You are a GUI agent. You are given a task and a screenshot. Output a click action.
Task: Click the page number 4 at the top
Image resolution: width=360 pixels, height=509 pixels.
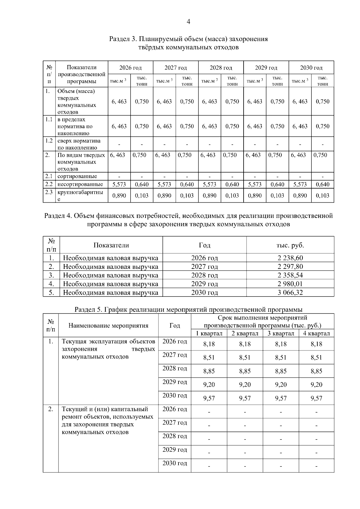click(188, 22)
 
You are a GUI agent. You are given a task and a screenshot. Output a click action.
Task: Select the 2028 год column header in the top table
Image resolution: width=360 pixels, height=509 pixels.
click(221, 68)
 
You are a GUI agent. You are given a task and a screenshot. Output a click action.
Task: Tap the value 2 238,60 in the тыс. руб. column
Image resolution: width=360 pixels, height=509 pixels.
click(290, 258)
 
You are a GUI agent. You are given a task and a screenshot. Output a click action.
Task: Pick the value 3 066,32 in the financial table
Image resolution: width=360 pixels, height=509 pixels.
click(290, 292)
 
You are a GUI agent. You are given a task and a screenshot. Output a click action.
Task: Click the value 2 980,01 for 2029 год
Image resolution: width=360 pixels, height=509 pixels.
click(290, 284)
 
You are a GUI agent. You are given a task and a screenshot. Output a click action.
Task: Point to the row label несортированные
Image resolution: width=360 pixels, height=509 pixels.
click(80, 184)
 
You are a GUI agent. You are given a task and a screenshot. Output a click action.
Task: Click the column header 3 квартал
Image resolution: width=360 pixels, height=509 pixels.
click(281, 333)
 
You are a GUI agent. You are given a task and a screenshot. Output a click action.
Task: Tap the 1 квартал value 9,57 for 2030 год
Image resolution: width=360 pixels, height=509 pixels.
click(209, 398)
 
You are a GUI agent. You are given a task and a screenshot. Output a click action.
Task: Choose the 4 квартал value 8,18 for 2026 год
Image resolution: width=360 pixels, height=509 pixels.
click(316, 344)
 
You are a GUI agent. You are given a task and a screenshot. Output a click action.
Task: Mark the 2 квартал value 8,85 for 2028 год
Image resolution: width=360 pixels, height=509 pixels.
click(245, 371)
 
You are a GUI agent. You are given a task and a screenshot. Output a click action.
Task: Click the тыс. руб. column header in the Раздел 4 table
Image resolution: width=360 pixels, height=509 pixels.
click(290, 245)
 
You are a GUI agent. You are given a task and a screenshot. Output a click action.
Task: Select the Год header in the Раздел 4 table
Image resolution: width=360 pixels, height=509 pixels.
click(205, 245)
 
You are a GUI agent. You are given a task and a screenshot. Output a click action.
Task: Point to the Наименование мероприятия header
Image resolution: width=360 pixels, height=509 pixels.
click(108, 326)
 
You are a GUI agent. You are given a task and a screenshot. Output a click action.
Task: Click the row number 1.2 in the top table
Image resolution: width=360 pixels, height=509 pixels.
click(49, 141)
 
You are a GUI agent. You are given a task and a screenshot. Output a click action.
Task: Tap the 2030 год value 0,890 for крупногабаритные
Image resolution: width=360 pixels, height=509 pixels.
click(300, 196)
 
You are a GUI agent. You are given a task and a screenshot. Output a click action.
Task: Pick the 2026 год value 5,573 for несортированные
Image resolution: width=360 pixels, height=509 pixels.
click(119, 184)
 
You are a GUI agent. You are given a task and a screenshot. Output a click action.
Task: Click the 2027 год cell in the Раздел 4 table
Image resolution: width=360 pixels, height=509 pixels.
click(205, 266)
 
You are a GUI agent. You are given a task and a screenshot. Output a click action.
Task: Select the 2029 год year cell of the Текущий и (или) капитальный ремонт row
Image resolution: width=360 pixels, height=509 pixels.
click(175, 450)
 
